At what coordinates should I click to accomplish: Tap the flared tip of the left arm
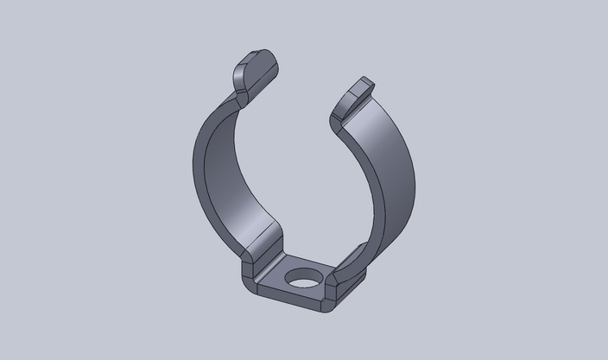(x=256, y=70)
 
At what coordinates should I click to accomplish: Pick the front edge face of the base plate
(x=294, y=301)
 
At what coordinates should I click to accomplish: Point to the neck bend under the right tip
(x=339, y=120)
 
